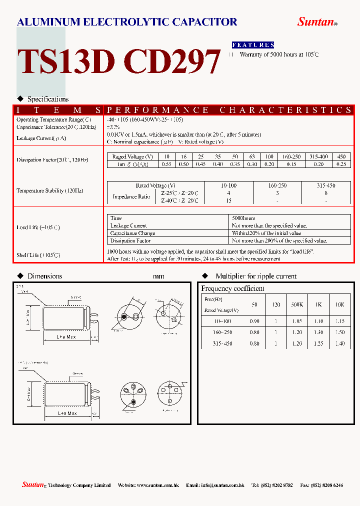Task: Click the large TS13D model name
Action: (66, 62)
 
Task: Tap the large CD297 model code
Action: (171, 62)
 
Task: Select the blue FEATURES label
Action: (253, 45)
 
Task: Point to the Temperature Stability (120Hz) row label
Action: (47, 190)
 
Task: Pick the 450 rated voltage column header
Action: (342, 157)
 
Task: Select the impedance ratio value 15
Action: (228, 200)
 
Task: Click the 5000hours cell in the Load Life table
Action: (244, 218)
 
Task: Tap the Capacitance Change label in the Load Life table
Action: (132, 233)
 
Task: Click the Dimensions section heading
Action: (44, 276)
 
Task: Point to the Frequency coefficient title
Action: (232, 288)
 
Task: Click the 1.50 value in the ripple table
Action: (339, 332)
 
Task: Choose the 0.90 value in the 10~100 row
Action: (254, 321)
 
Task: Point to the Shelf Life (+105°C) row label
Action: (38, 255)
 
